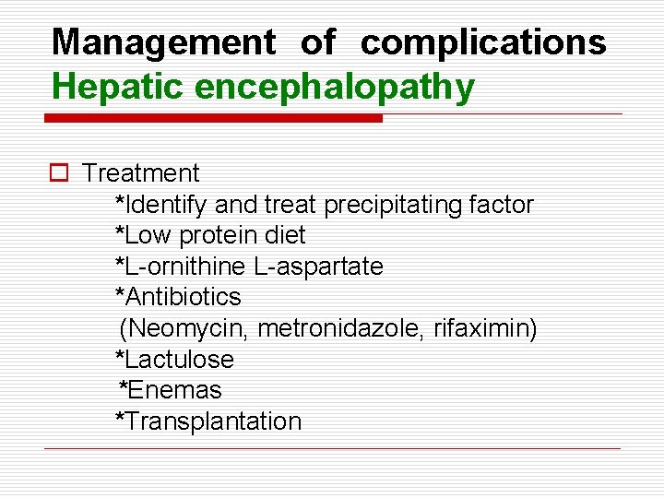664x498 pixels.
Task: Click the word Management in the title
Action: pos(163,42)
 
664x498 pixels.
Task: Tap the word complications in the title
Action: pos(483,42)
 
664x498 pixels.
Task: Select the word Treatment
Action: pos(140,172)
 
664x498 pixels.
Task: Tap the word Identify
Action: pos(167,204)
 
